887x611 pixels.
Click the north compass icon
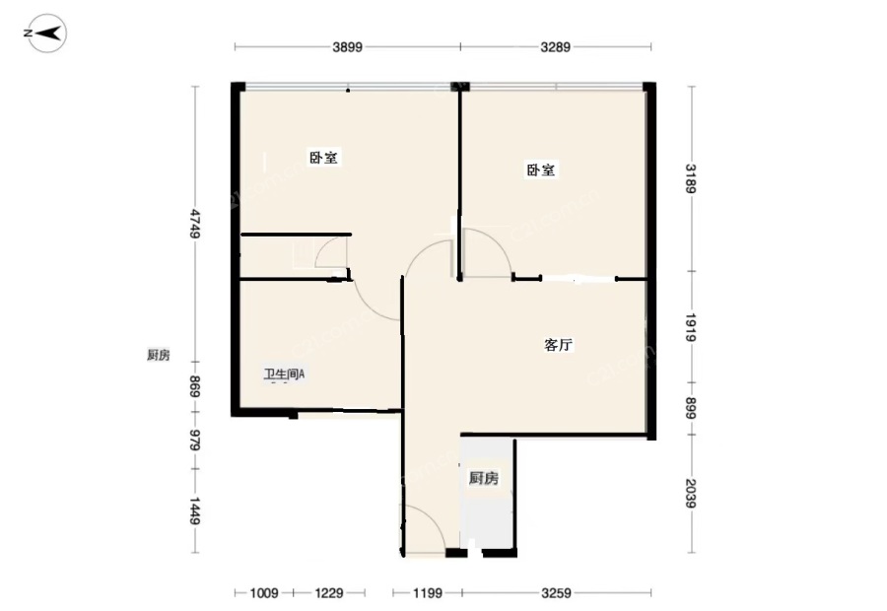pyautogui.click(x=45, y=34)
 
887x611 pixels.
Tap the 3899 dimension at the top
pyautogui.click(x=347, y=47)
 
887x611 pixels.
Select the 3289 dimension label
pyautogui.click(x=556, y=47)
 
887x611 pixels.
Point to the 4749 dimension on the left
pyautogui.click(x=194, y=224)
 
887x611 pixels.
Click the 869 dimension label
pyautogui.click(x=194, y=386)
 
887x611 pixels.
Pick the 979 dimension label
pyautogui.click(x=194, y=441)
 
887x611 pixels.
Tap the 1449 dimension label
pyautogui.click(x=194, y=510)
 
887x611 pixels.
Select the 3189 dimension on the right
pyautogui.click(x=691, y=178)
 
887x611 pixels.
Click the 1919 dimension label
pyautogui.click(x=691, y=327)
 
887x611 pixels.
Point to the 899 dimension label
pyautogui.click(x=691, y=408)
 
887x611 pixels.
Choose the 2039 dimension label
pyautogui.click(x=691, y=494)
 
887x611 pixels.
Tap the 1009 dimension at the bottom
pyautogui.click(x=264, y=593)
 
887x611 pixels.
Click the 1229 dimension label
pyautogui.click(x=329, y=593)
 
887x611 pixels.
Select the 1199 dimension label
pyautogui.click(x=427, y=593)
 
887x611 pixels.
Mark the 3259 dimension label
pyautogui.click(x=556, y=593)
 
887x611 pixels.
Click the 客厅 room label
pyautogui.click(x=559, y=345)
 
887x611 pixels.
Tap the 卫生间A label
pyautogui.click(x=285, y=373)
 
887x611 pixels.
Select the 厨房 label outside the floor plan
pyautogui.click(x=159, y=356)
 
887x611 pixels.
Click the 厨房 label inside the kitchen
pyautogui.click(x=484, y=478)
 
